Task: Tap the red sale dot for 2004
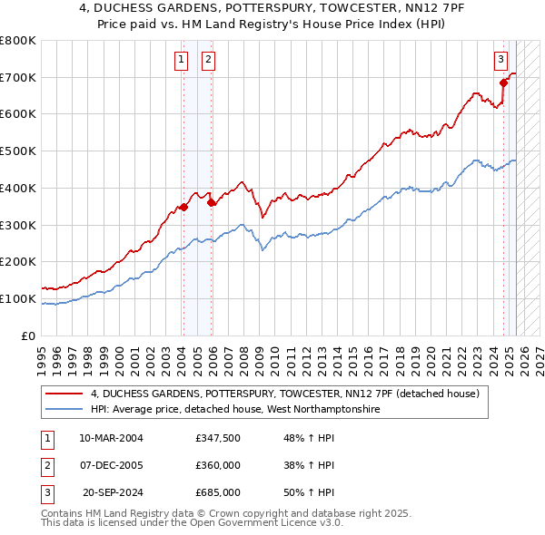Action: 183,207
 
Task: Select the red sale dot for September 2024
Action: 503,83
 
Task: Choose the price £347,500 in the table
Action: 217,438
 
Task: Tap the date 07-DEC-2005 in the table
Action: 111,465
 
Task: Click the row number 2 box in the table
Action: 46,465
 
